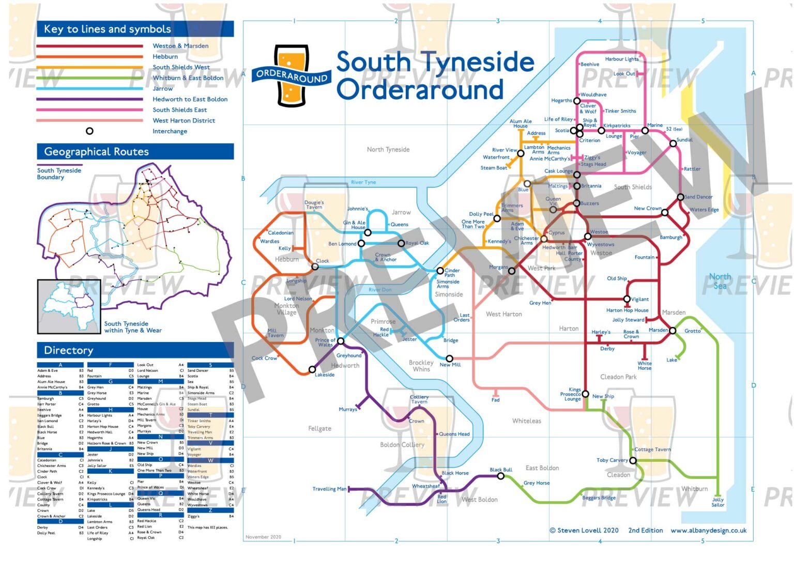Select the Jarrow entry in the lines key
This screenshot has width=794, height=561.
pos(162,88)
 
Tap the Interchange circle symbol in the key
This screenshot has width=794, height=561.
pos(89,131)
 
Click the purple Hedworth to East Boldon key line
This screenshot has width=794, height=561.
pos(89,99)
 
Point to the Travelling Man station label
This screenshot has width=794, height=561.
pos(329,489)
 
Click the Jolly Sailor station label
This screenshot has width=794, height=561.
pos(717,502)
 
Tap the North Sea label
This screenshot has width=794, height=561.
pos(720,281)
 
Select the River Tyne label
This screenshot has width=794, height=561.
pos(363,182)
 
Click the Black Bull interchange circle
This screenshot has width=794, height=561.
pos(500,476)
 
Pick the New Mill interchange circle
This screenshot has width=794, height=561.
pos(449,359)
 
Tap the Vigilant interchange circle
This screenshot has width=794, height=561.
pos(627,299)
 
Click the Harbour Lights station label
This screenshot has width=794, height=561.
pos(621,59)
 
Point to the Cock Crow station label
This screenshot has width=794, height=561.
pos(264,358)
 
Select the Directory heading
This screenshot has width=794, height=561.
pos(69,350)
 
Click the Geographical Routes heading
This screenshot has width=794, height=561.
pos(96,152)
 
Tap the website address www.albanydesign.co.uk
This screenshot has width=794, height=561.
pos(708,531)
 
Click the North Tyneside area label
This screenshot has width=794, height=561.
pos(388,150)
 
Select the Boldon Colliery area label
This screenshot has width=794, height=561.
pos(402,445)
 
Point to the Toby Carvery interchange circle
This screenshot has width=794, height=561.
pos(633,460)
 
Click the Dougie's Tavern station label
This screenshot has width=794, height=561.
pos(314,205)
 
